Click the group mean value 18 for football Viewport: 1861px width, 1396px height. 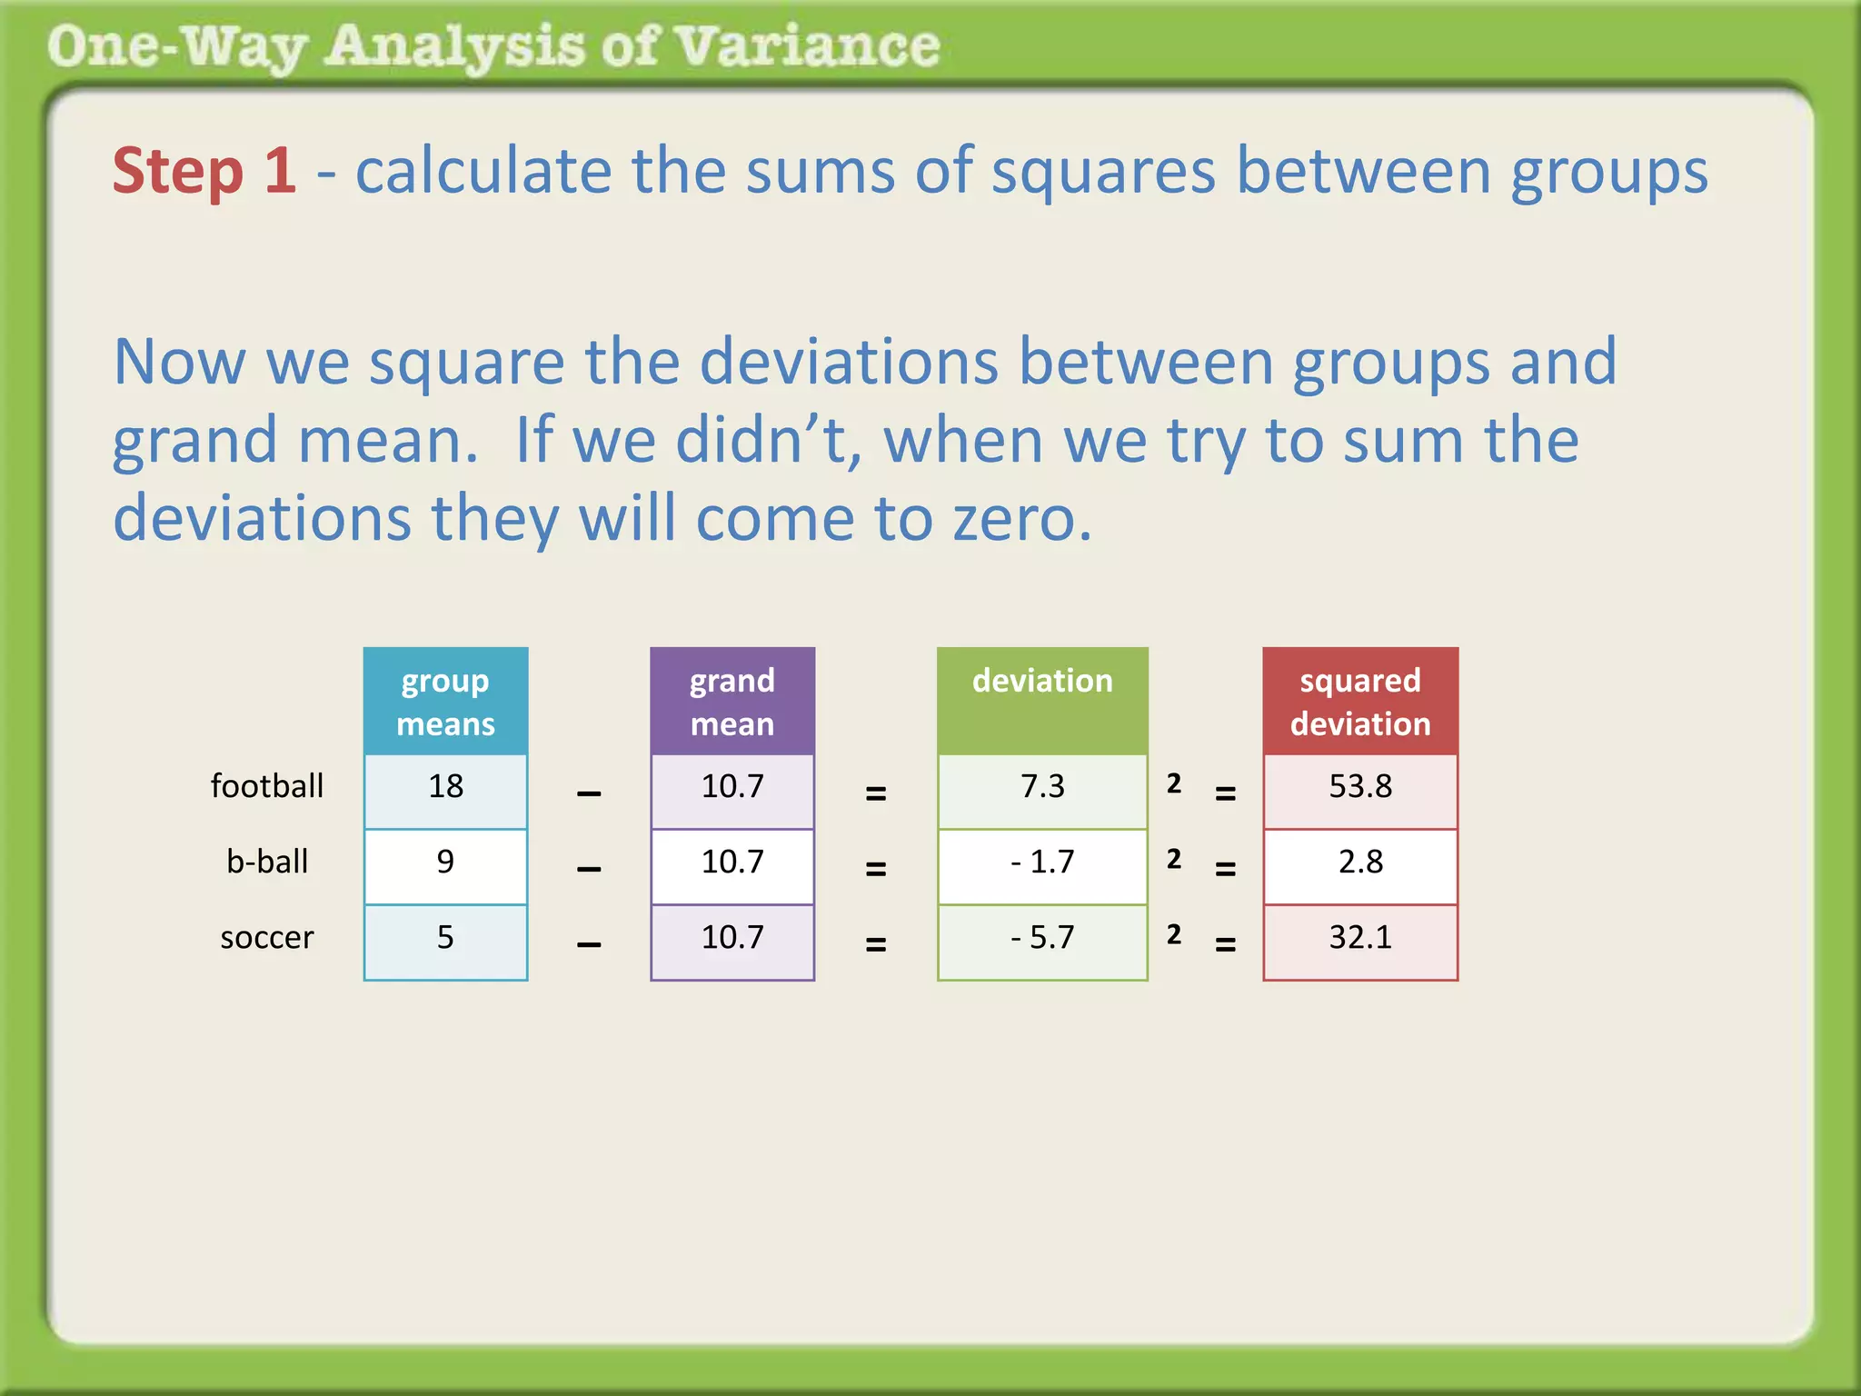click(445, 786)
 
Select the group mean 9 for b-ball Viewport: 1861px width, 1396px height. click(445, 862)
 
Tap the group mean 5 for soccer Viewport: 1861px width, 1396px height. click(445, 937)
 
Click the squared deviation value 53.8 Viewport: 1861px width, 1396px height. click(1360, 786)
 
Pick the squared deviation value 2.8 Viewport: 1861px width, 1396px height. click(1360, 862)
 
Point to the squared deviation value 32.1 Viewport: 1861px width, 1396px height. click(1360, 937)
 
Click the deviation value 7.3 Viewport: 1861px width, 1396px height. click(1042, 786)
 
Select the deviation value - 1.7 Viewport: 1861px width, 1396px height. click(1042, 862)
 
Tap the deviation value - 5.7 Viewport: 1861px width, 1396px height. click(1042, 937)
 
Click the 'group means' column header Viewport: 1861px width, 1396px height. click(445, 702)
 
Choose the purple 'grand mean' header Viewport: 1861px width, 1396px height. click(732, 702)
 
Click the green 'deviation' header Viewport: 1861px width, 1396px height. click(1042, 682)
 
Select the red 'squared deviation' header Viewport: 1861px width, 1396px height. click(1360, 702)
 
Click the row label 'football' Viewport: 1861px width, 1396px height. click(267, 786)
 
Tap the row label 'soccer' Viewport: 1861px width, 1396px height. click(267, 937)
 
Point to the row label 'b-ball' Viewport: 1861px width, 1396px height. click(267, 862)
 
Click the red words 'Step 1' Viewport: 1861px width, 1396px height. click(204, 171)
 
